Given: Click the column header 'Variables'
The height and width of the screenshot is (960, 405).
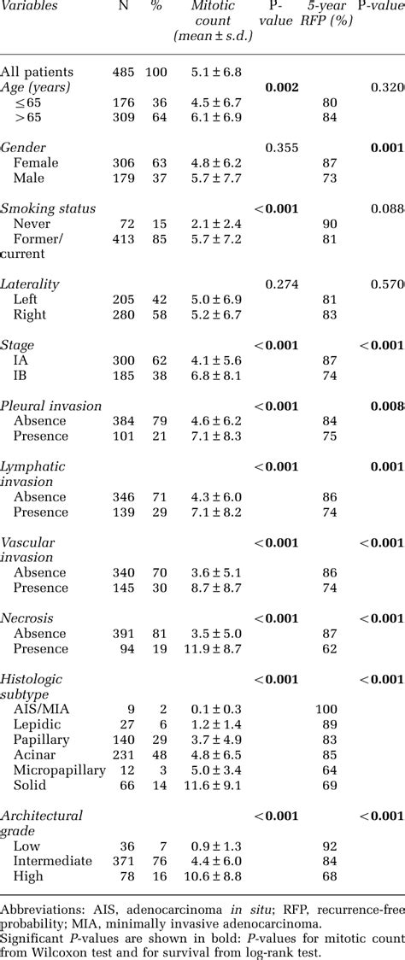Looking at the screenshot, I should click(30, 6).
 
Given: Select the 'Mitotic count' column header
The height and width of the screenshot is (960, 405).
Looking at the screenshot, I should click(208, 20).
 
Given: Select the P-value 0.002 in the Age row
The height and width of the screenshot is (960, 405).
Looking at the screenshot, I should click(281, 87).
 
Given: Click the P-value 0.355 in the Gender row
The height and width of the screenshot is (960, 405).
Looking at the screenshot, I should click(281, 148).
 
